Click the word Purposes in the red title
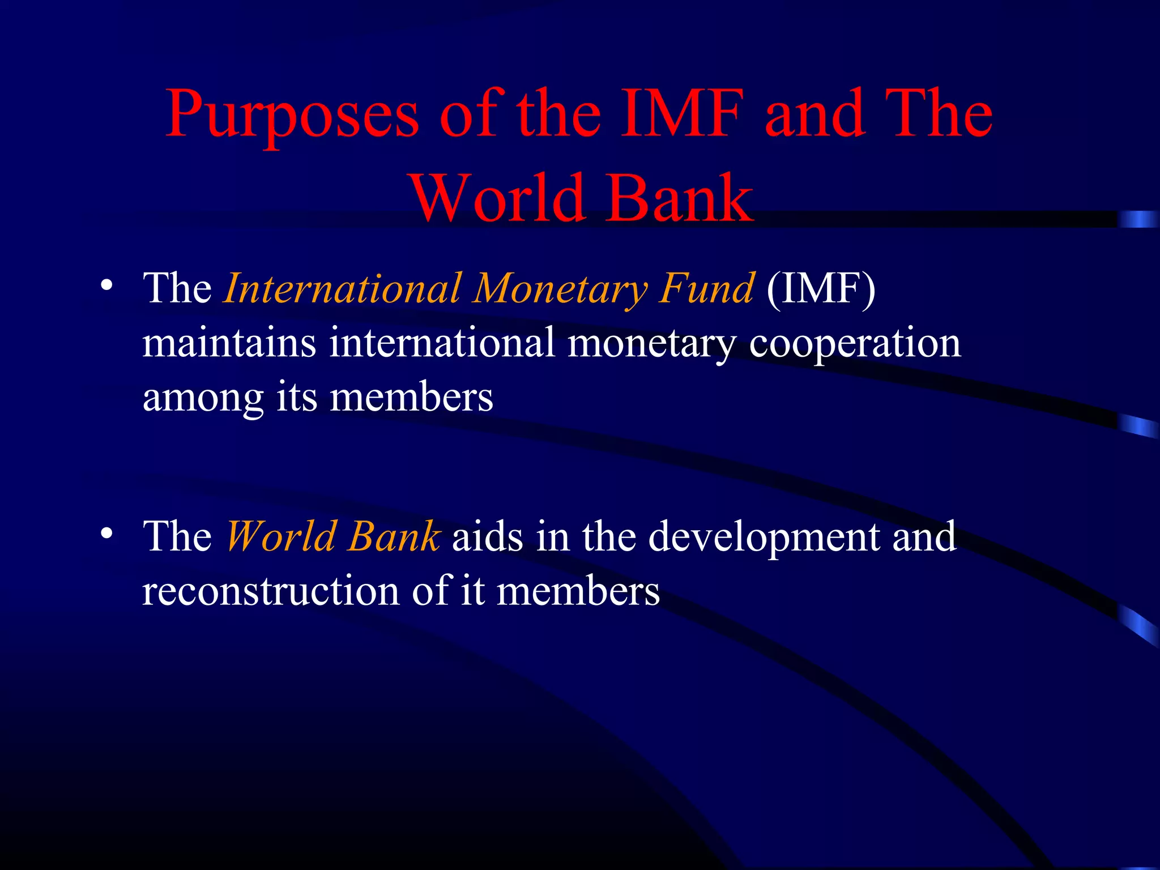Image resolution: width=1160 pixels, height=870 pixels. pyautogui.click(x=292, y=115)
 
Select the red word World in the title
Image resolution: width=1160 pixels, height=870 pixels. pyautogui.click(x=498, y=198)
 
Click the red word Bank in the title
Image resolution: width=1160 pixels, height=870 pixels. pyautogui.click(x=679, y=198)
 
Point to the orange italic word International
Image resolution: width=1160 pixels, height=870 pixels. pyautogui.click(x=342, y=288)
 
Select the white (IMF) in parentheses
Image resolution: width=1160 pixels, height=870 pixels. pyautogui.click(x=821, y=288)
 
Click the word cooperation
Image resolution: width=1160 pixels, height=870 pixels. pyautogui.click(x=855, y=344)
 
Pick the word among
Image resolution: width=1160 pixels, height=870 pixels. pyautogui.click(x=203, y=398)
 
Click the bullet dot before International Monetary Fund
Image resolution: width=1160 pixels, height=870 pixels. pyautogui.click(x=106, y=286)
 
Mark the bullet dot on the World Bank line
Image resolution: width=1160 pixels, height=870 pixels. pyautogui.click(x=106, y=534)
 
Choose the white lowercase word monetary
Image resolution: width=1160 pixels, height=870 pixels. pyautogui.click(x=651, y=344)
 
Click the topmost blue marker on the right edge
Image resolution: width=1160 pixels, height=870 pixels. pyautogui.click(x=1138, y=219)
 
